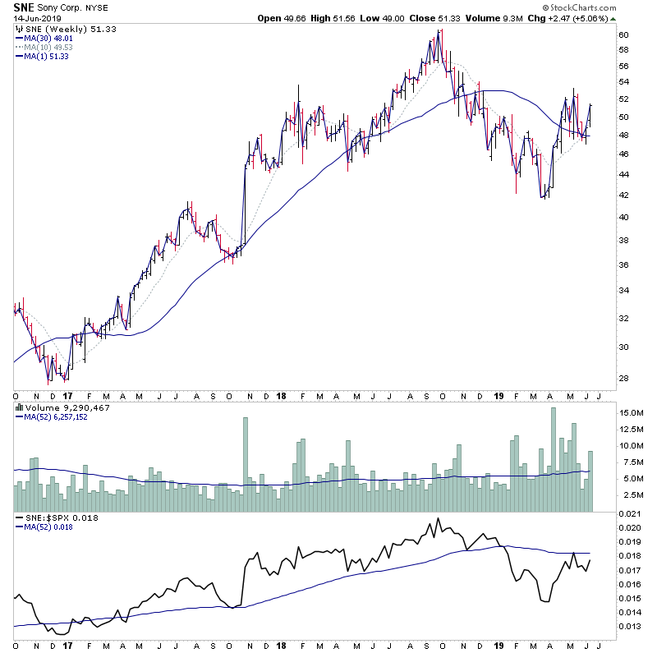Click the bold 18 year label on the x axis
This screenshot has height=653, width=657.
(x=280, y=645)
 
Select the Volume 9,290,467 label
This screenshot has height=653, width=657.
(x=56, y=407)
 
